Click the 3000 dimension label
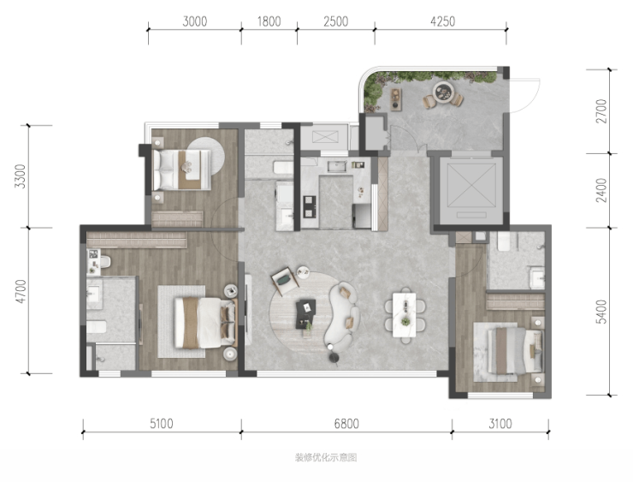[x=194, y=21]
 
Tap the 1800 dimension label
[x=269, y=21]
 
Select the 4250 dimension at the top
[x=443, y=21]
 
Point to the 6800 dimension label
[x=346, y=424]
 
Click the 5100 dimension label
[x=162, y=424]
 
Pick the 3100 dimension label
[x=500, y=424]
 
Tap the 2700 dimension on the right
[x=601, y=111]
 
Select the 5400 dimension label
[x=601, y=312]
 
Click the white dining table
[x=405, y=315]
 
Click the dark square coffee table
[x=305, y=313]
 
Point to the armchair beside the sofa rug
[x=286, y=279]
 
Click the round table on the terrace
[x=443, y=92]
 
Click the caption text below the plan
[x=326, y=457]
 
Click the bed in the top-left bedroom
[x=181, y=170]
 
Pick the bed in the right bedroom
[x=515, y=351]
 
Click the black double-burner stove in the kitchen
[x=310, y=206]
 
